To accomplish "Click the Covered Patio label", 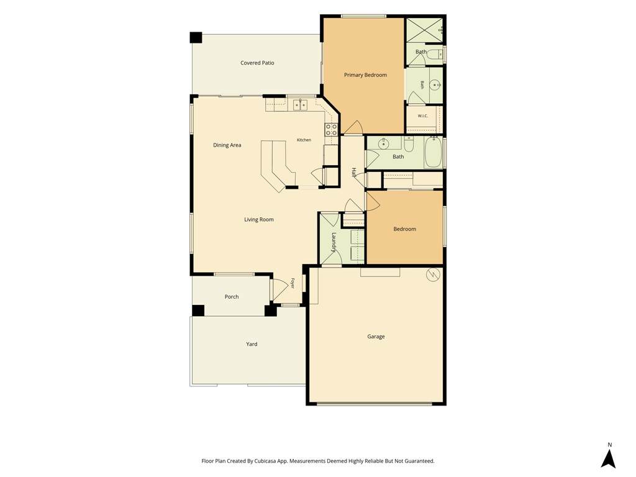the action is [x=257, y=63].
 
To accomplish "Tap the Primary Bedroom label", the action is [x=365, y=75].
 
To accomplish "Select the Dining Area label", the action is [x=227, y=145].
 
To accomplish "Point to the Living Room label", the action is [x=259, y=219].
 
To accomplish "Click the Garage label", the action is [x=376, y=337].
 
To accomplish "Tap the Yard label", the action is [x=252, y=344].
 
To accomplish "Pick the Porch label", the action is [x=232, y=297].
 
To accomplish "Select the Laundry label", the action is [x=334, y=242].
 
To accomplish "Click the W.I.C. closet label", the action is [x=422, y=116].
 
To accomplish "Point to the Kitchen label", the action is [x=304, y=140].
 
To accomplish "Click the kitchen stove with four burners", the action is [x=331, y=130].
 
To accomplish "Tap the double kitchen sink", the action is [x=300, y=105].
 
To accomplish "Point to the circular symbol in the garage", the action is [x=432, y=275].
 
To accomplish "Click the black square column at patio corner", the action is [x=196, y=37].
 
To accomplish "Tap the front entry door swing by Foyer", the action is [x=278, y=289].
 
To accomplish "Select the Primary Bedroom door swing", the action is [x=353, y=128].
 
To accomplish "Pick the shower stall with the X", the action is [x=424, y=30].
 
